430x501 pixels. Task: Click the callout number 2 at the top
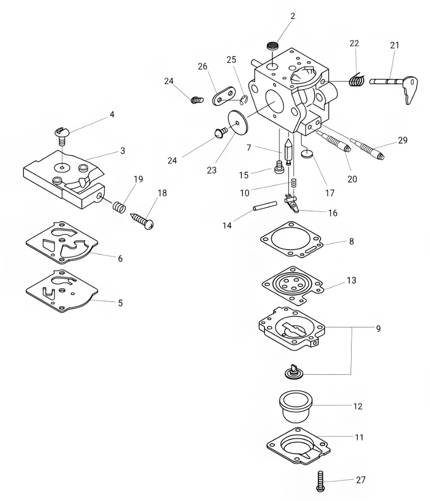click(x=293, y=16)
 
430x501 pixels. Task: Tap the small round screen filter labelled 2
click(x=272, y=46)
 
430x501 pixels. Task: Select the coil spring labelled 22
click(x=357, y=80)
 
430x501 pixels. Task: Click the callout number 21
click(x=394, y=46)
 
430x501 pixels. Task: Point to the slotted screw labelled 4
click(x=61, y=134)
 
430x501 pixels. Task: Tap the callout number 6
click(x=120, y=258)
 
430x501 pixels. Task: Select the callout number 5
click(x=120, y=303)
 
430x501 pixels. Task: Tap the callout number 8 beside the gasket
click(x=351, y=242)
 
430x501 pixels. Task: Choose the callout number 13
click(x=351, y=281)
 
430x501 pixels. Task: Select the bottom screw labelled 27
click(x=321, y=482)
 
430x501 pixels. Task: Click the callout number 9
click(x=378, y=328)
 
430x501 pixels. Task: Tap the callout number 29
click(x=403, y=141)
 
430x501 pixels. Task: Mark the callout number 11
click(x=359, y=438)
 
